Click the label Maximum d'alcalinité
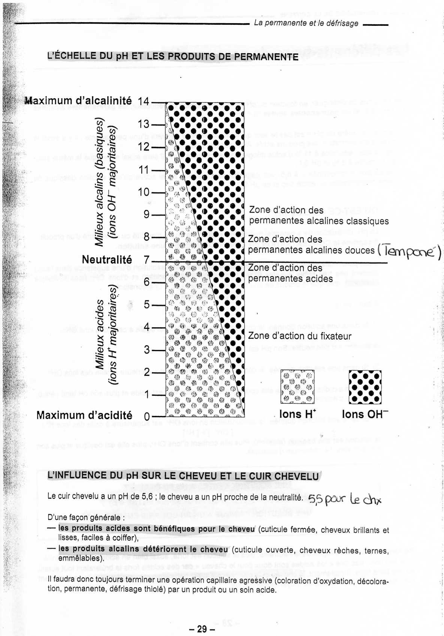tap(78, 101)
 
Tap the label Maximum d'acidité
tap(84, 415)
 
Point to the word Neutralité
tap(107, 260)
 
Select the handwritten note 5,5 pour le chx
tap(345, 499)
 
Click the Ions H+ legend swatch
tap(297, 387)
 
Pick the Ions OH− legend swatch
tap(365, 387)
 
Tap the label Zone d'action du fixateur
tap(300, 336)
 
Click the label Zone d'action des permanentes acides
tap(290, 273)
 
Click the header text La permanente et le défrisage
tap(306, 23)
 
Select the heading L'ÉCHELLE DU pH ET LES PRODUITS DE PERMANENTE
tap(173, 57)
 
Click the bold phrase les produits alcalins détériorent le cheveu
tap(143, 549)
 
